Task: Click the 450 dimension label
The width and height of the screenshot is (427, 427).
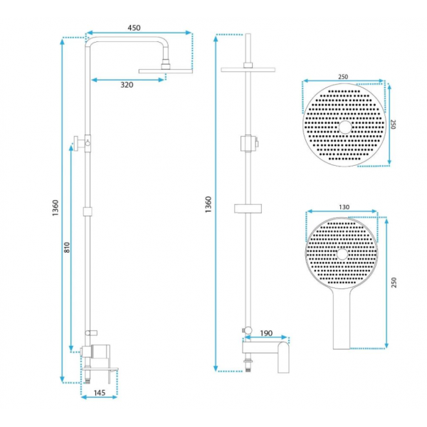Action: click(134, 28)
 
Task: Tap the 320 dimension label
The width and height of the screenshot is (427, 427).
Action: click(127, 85)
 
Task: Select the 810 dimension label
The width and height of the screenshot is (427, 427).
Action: click(67, 247)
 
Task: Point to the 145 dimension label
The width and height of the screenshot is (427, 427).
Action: click(100, 393)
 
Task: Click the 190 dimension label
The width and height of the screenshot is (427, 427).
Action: click(266, 333)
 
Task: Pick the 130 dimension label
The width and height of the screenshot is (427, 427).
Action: click(344, 207)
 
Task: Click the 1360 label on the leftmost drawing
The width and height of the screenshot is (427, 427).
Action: click(56, 208)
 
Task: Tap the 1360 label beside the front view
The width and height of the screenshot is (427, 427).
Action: click(209, 204)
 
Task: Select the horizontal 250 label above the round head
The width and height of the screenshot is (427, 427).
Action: click(343, 77)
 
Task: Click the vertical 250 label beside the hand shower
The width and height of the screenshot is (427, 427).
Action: click(394, 283)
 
